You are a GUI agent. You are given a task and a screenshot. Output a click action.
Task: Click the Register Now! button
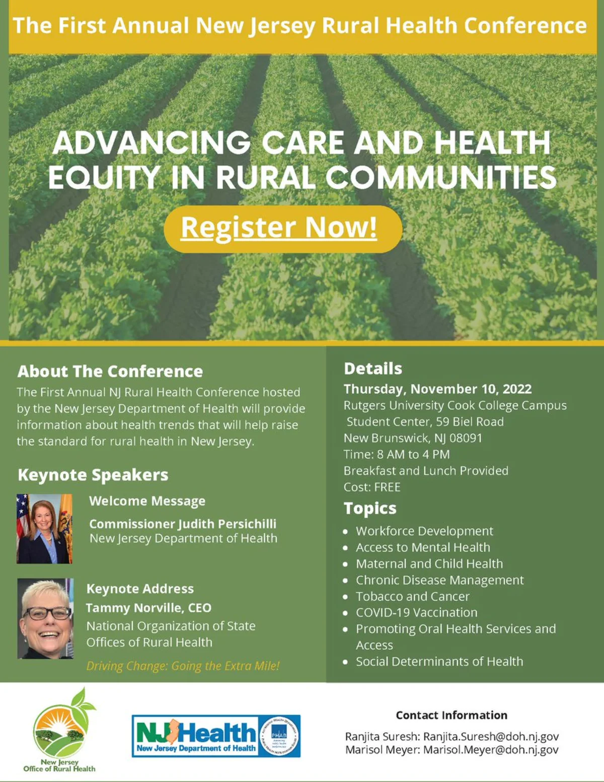click(283, 229)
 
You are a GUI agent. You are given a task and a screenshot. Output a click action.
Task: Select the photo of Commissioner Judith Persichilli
click(45, 529)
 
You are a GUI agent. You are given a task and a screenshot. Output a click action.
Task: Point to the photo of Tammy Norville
click(45, 619)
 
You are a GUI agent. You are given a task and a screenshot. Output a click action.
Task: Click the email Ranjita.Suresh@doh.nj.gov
click(491, 737)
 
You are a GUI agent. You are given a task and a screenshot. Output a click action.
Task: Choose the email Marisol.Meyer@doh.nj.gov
click(491, 750)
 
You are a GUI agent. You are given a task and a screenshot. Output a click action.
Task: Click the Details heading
click(373, 369)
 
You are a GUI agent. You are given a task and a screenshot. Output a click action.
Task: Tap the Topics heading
click(370, 509)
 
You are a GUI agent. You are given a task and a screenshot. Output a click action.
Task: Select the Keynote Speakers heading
click(93, 475)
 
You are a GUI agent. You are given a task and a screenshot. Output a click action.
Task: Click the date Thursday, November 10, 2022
click(438, 389)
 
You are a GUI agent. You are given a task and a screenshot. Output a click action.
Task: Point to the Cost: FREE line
click(372, 487)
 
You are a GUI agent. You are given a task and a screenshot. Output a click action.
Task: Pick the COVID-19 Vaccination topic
click(417, 612)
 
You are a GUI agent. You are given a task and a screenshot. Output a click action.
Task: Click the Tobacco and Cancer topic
click(413, 596)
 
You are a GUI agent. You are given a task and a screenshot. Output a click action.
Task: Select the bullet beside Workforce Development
click(346, 532)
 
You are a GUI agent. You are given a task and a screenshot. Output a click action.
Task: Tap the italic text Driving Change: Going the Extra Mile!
click(183, 666)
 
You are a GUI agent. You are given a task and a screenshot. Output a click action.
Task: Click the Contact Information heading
click(451, 715)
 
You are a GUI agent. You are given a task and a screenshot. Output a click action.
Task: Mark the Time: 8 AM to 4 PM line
click(397, 455)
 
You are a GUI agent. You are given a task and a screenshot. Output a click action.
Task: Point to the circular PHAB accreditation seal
click(279, 736)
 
